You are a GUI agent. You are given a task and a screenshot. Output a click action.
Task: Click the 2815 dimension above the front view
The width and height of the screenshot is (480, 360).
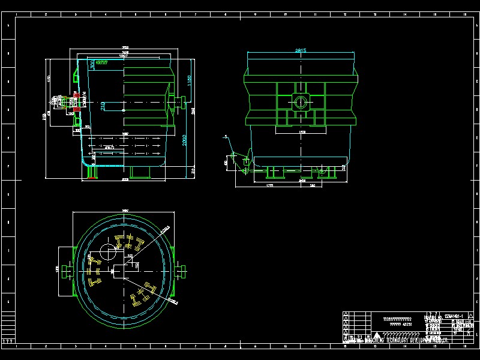coord(301,51)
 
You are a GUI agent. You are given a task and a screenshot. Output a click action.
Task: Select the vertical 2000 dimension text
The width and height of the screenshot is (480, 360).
coord(185,139)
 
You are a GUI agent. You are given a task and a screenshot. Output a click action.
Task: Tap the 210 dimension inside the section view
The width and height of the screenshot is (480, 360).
coord(103,106)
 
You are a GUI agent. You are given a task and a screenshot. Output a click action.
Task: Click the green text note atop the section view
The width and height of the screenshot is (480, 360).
coord(102,62)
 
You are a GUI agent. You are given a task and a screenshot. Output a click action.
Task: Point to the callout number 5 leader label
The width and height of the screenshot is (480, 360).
coord(226,137)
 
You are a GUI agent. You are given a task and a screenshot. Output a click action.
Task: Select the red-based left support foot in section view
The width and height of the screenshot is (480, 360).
coord(92,172)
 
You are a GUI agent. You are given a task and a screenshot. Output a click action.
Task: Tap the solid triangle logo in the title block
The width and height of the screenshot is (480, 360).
coord(376,335)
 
